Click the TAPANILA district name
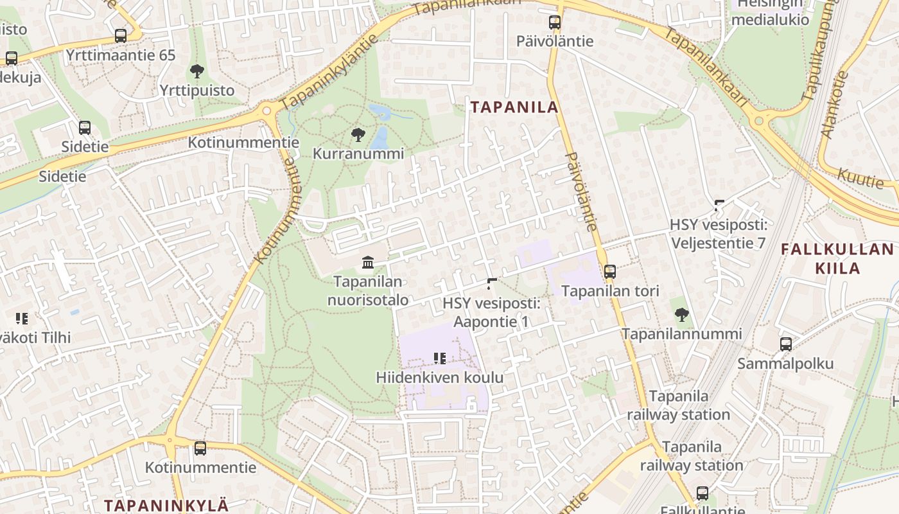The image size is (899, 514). click(514, 107)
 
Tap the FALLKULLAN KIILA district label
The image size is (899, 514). click(837, 258)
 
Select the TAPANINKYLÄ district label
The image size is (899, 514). click(166, 505)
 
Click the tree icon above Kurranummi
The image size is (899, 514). click(358, 135)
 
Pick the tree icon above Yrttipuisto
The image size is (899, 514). click(197, 71)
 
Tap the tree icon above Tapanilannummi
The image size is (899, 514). click(681, 315)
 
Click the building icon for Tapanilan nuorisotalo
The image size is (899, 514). click(368, 262)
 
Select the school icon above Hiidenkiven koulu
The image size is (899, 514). click(439, 359)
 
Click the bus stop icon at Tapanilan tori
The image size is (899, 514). click(610, 272)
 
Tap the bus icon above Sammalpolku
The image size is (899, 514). click(785, 344)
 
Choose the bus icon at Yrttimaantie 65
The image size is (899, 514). click(121, 36)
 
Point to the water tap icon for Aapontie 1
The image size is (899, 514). click(492, 283)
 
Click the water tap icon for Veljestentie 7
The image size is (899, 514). click(719, 206)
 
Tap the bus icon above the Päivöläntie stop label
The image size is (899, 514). click(555, 22)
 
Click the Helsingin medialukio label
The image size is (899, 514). click(770, 12)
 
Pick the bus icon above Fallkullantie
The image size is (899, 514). click(703, 493)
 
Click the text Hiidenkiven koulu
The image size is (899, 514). click(439, 378)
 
